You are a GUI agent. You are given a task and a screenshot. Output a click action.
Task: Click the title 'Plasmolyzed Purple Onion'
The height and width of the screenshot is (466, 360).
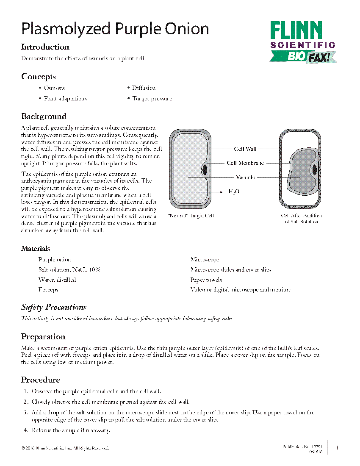point(115,29)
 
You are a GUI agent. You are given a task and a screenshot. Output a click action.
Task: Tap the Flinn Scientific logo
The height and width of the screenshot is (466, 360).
point(302,42)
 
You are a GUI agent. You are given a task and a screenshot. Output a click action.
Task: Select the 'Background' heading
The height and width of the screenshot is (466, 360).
point(44,116)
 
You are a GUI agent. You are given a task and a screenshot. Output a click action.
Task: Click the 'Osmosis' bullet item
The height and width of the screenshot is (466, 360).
point(54,88)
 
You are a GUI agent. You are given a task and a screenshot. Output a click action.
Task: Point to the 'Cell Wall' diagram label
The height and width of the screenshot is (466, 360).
point(245,149)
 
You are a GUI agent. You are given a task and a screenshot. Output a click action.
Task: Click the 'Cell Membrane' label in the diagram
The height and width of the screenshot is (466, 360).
point(245,163)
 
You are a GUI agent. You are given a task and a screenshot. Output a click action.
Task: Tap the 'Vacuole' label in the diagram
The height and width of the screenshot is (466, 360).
point(245,178)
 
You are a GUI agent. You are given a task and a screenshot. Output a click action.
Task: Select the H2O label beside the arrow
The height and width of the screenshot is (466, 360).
point(234,192)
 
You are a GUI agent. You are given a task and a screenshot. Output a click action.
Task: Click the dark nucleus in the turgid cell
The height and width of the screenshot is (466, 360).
point(205,169)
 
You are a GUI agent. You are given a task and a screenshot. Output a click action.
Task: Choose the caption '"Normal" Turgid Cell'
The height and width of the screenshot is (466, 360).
point(191,216)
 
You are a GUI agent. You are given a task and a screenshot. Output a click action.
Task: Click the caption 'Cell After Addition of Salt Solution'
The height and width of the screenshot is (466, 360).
point(301,219)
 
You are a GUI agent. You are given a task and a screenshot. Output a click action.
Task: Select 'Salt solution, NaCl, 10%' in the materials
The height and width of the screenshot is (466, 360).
point(69,270)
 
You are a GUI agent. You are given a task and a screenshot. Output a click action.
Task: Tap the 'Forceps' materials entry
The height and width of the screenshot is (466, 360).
point(48,290)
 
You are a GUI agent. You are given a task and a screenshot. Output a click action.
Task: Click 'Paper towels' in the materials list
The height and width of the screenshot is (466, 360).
point(206,280)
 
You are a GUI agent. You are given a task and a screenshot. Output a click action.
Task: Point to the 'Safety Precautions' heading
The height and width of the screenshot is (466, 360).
point(54,307)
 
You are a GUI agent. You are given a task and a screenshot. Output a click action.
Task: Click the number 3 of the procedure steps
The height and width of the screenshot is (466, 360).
point(26,412)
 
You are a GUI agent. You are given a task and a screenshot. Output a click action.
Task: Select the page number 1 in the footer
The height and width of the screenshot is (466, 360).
point(337,448)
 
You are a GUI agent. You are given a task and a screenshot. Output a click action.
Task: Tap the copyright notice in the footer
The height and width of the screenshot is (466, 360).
point(65,448)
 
